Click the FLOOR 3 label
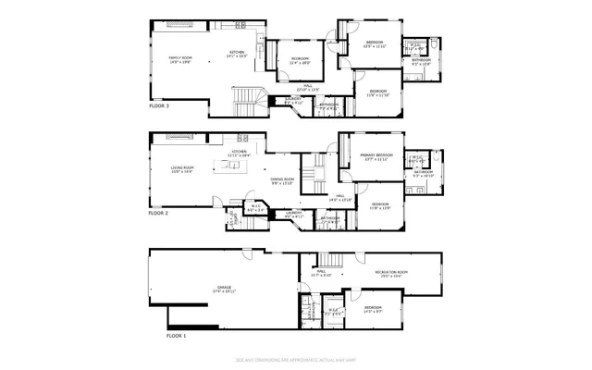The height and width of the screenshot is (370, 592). (159, 105)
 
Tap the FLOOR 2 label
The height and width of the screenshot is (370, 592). (159, 213)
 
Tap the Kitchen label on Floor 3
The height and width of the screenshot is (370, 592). (236, 55)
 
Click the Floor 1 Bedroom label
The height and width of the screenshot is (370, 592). (373, 309)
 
